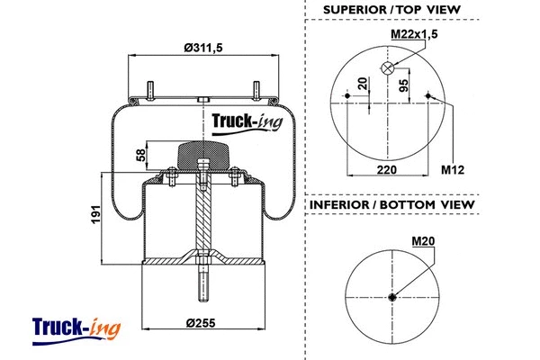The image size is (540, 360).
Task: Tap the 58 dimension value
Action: point(141,155)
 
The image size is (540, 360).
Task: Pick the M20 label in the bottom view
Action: point(423,241)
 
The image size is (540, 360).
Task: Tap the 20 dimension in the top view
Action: point(363,87)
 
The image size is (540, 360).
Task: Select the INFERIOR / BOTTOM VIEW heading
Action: point(392,206)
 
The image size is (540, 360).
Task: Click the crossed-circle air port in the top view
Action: point(388,69)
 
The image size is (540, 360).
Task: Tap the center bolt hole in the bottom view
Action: point(392,298)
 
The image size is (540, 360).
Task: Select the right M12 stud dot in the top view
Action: point(430,96)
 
